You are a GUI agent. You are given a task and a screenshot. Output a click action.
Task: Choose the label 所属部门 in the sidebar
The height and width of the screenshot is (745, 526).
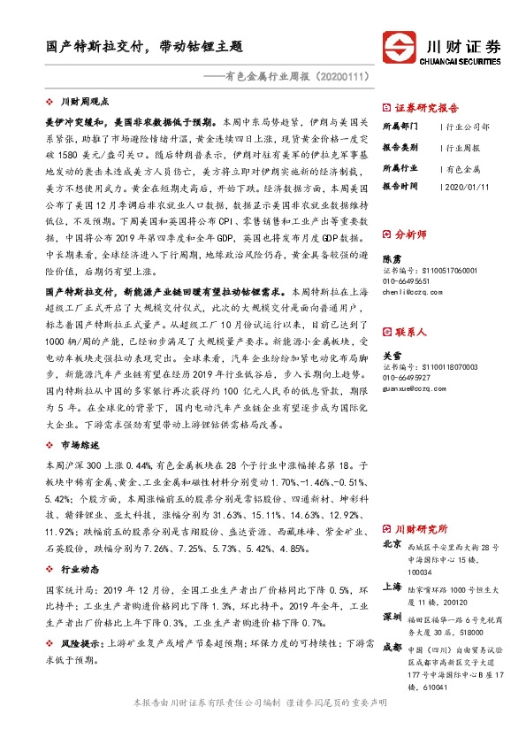399,127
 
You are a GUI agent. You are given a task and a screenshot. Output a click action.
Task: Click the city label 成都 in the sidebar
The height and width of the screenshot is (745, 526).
390,647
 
